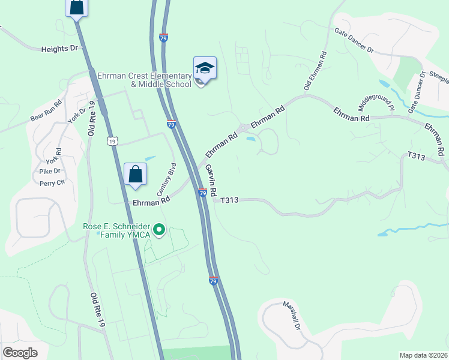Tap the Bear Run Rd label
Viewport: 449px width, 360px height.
(46, 112)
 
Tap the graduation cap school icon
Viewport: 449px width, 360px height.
(205, 69)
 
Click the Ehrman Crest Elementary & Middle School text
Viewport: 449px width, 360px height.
(161, 80)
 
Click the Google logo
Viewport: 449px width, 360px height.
(20, 353)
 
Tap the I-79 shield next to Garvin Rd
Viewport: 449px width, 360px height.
(202, 193)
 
